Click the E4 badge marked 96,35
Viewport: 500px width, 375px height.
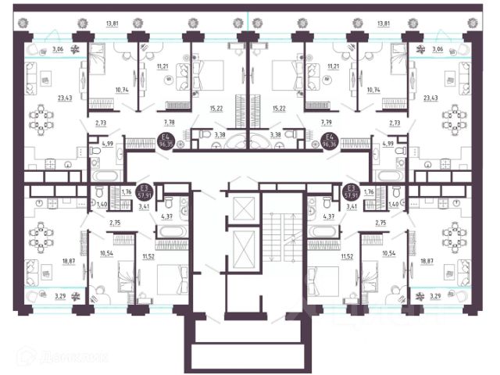coord(166,141)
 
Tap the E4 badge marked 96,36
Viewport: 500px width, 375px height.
coord(329,141)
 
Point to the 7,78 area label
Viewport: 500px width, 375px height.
coord(169,123)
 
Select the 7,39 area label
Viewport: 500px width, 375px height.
coord(327,123)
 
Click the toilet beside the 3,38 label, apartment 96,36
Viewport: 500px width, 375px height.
coord(294,134)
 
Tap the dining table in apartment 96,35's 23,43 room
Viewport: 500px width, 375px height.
coord(43,120)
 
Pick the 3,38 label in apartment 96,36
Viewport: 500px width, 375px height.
coord(275,135)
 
